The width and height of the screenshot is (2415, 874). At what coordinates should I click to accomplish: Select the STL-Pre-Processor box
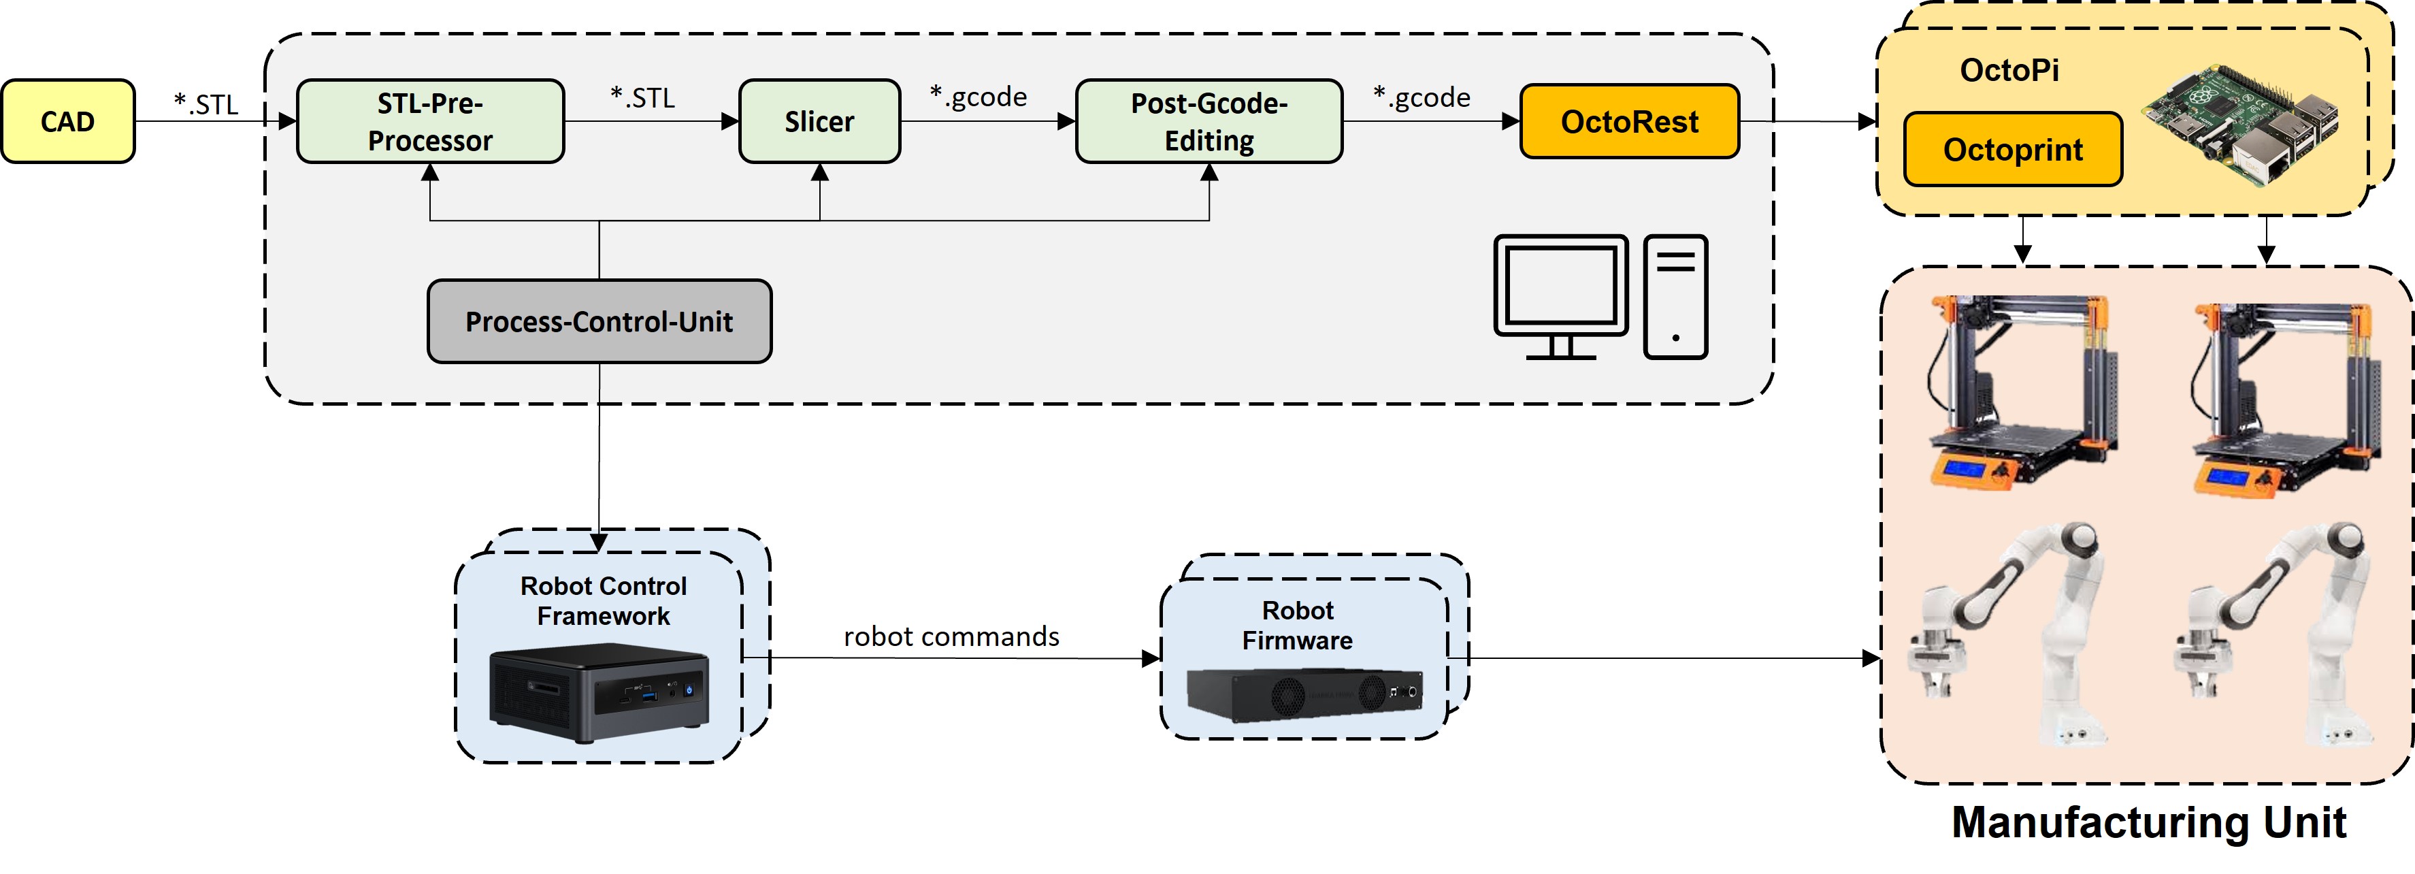(x=430, y=121)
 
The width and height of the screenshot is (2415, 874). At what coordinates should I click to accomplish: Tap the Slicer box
(x=819, y=121)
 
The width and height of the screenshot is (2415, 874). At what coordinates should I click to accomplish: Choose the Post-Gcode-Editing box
(x=1209, y=121)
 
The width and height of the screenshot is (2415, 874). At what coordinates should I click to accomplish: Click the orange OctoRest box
(x=1629, y=121)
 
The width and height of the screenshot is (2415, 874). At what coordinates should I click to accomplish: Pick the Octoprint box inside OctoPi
(x=2013, y=149)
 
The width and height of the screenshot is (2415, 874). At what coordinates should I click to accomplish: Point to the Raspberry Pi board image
(x=2239, y=124)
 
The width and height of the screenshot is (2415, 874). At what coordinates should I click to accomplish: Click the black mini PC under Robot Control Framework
(x=599, y=695)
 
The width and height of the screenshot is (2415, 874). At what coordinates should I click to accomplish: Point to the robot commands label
(x=951, y=636)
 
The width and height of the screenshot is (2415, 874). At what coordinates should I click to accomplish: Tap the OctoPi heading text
(x=2009, y=70)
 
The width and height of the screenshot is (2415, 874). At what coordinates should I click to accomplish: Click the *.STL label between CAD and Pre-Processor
(x=206, y=104)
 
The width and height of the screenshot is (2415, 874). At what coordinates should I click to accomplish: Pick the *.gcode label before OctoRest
(x=1422, y=97)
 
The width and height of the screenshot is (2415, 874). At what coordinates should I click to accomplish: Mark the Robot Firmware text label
(x=1298, y=626)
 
